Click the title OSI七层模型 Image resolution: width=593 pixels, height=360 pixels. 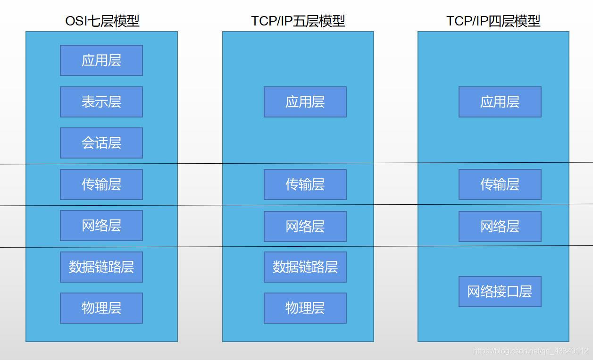(102, 21)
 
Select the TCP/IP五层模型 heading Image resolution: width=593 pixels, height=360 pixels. (298, 21)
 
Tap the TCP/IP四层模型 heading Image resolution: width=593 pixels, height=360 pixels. (493, 21)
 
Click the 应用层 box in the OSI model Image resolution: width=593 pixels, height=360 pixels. (101, 60)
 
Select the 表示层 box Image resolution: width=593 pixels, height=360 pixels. (101, 102)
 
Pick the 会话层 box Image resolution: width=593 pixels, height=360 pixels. (101, 143)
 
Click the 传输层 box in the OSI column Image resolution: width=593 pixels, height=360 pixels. (101, 184)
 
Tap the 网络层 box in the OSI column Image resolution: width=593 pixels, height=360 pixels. (101, 226)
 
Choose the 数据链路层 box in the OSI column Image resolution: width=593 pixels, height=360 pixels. (101, 267)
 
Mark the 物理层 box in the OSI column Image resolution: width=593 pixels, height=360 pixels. (101, 308)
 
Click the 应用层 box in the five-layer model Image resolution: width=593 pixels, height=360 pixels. (305, 102)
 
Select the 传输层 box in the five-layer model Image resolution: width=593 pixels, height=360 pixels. (305, 184)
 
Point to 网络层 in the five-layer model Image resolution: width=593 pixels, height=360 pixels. (305, 226)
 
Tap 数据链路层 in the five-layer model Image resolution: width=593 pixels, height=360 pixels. (305, 267)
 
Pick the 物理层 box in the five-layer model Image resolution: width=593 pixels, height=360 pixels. (305, 308)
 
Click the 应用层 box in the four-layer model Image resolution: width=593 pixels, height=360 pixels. (500, 102)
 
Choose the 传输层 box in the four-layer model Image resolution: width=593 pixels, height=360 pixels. (500, 184)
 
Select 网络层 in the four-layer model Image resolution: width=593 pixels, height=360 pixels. (500, 226)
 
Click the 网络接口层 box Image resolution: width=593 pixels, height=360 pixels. (500, 292)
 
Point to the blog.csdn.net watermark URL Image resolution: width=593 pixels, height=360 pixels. (530, 351)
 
